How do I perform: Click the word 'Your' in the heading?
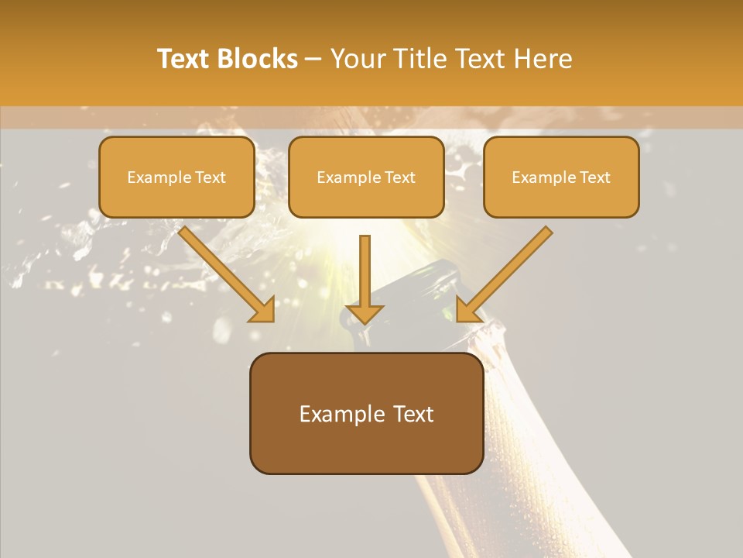[358, 59]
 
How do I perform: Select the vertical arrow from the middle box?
[365, 271]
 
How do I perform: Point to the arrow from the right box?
[507, 271]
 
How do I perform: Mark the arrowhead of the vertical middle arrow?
[365, 313]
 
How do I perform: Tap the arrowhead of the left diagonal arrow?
[263, 309]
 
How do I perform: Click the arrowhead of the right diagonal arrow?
[467, 309]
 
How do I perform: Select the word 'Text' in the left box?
[211, 177]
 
